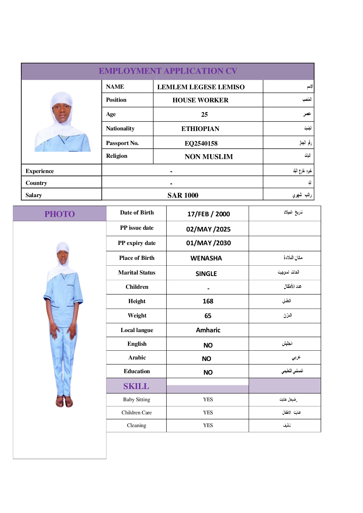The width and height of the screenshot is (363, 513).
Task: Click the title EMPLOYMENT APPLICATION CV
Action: pos(168,71)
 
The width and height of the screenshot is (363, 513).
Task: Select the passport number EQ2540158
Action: pos(201,143)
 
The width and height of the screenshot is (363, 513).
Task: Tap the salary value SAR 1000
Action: pos(183,195)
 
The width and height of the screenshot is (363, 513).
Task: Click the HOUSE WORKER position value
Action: pos(200,100)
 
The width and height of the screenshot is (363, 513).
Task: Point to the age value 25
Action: pos(205,115)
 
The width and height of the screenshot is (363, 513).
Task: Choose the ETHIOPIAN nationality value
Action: pos(200,129)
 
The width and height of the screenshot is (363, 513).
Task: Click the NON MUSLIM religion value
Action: pos(209,157)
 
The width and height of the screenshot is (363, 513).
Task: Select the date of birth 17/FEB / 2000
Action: pos(208,214)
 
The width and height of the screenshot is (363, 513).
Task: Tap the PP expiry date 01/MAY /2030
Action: pos(208,243)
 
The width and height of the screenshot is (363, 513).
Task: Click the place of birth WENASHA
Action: pos(206,258)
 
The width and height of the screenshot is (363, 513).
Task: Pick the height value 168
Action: pos(208,301)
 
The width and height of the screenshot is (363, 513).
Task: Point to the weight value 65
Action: pos(208,316)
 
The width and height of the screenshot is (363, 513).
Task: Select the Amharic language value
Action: pos(208,330)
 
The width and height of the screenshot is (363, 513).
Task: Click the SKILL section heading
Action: pos(136,386)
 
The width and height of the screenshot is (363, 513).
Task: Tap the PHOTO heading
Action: pos(60,214)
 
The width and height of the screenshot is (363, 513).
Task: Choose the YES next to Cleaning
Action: pos(208,425)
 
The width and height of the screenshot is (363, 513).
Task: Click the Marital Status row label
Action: pos(137,273)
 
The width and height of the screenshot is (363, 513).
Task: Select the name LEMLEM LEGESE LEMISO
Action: pos(201,87)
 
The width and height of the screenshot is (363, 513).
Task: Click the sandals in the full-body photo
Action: pos(64,401)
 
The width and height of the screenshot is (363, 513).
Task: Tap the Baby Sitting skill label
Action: pos(137,399)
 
